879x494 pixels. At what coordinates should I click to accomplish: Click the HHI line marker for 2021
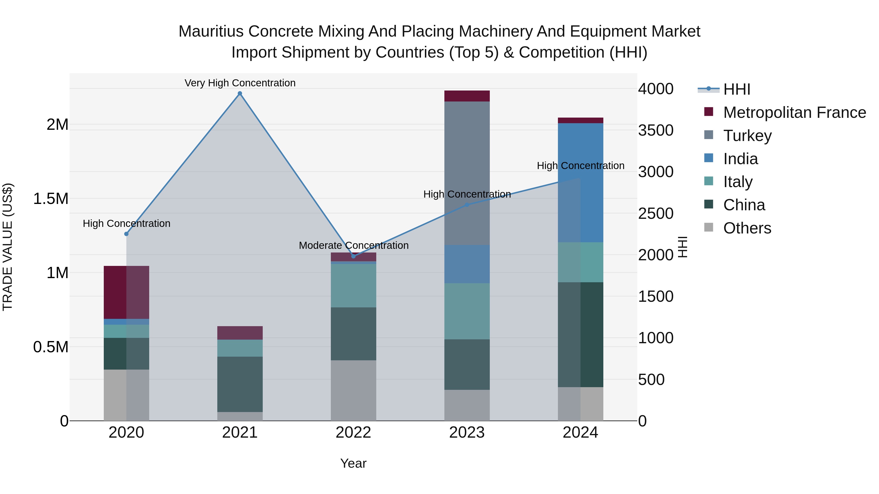pos(240,93)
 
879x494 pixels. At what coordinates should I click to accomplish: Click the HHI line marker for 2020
pos(126,234)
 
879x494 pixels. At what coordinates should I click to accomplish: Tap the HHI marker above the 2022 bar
pos(354,256)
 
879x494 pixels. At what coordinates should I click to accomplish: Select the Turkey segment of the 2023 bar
pos(467,173)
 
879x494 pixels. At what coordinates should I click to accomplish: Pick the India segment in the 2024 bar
pos(580,182)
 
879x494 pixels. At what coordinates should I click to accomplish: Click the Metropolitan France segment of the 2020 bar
pos(126,292)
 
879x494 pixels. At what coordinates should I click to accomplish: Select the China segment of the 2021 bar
pos(240,384)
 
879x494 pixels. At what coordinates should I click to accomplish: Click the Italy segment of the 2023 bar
pos(467,311)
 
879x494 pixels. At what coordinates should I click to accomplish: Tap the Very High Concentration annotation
pos(240,83)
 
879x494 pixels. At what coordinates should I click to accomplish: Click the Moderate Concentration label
pos(354,245)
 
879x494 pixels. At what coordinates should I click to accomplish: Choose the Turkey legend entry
pos(747,136)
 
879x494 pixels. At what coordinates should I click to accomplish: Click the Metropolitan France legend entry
pos(794,112)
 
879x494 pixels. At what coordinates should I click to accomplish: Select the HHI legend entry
pos(736,89)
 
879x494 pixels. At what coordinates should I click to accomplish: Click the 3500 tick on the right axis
pos(656,130)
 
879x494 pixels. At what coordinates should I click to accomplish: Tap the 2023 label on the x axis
pos(467,433)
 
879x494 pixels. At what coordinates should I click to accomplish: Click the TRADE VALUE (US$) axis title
pos(8,247)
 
